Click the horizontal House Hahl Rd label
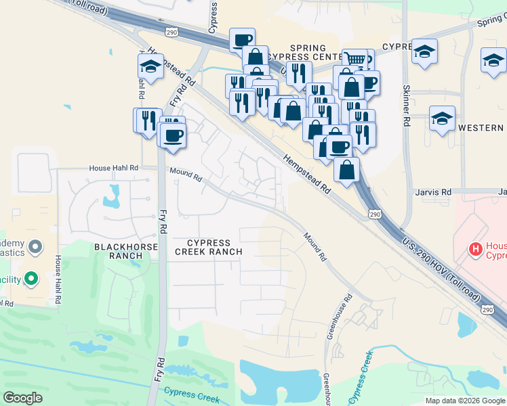click(x=115, y=168)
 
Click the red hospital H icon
click(x=475, y=250)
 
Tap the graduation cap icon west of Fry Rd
click(x=150, y=66)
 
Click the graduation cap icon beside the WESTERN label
click(x=442, y=118)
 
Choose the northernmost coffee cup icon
click(x=242, y=39)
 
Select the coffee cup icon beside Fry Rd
click(x=174, y=133)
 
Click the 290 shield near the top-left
click(x=171, y=31)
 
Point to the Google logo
click(x=22, y=398)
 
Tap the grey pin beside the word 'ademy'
click(x=36, y=248)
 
